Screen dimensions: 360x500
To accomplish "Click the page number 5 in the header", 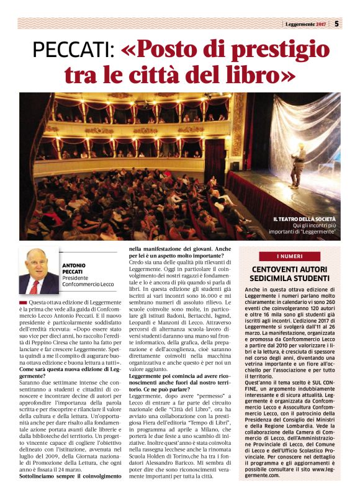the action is [336, 24].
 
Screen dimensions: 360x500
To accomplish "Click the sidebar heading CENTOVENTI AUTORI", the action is [289, 269].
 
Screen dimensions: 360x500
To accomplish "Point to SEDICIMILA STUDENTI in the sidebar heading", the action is [289, 279].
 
